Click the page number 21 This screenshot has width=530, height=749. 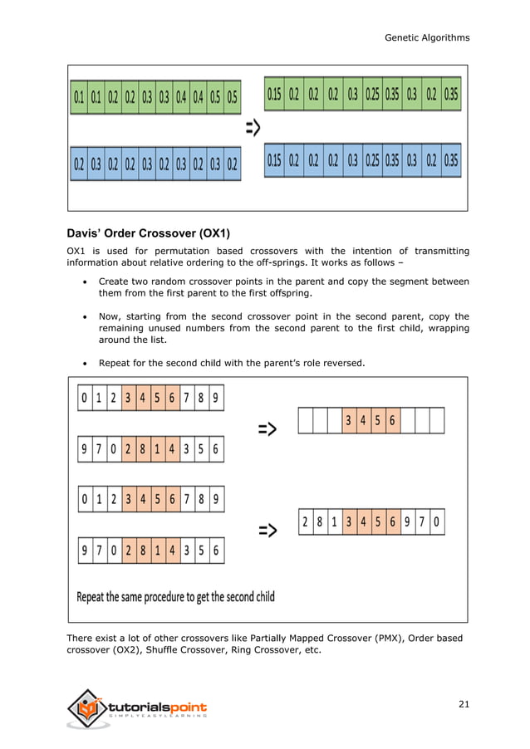pos(464,705)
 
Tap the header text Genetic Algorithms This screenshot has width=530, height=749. pos(427,37)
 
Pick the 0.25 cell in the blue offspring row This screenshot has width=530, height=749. pos(372,159)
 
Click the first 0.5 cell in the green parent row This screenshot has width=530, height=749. pos(215,97)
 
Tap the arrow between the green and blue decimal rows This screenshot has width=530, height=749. pos(252,128)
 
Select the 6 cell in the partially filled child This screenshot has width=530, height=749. pos(392,422)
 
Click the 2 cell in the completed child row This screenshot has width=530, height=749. pos(306,523)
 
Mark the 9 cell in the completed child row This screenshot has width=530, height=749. pos(407,523)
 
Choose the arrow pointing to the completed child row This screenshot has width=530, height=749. pos(267,530)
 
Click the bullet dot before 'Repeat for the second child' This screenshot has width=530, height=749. pos(87,363)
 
